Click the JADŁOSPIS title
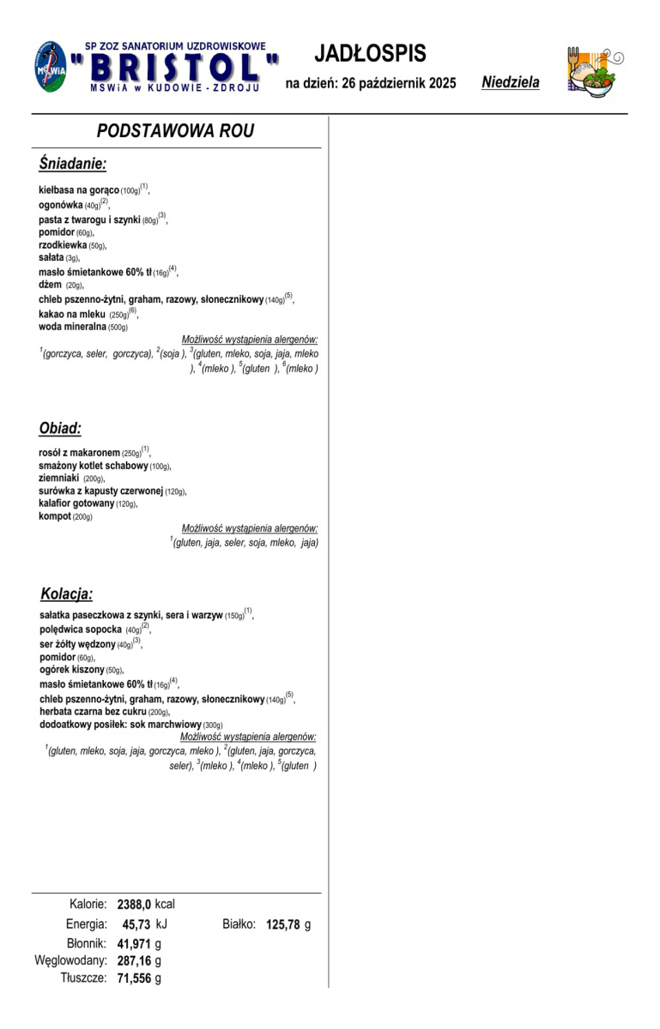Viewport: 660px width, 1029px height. [x=370, y=53]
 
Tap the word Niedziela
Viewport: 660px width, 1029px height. [x=511, y=83]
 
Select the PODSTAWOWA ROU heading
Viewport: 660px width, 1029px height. [x=175, y=130]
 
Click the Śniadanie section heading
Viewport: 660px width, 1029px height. [x=72, y=163]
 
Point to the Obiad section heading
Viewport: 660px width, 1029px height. [x=60, y=428]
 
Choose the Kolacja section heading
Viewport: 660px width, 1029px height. [x=67, y=593]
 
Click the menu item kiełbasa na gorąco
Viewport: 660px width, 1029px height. [x=79, y=190]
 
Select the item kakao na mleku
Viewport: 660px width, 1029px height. [x=72, y=315]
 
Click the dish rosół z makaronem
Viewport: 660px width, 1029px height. [x=79, y=453]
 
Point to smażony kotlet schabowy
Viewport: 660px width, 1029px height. [x=94, y=466]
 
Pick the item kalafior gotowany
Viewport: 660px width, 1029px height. [x=76, y=504]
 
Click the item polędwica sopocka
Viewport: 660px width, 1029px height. [x=81, y=629]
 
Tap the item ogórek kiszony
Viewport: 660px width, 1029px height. [x=72, y=670]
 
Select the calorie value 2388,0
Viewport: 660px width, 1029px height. [x=134, y=904]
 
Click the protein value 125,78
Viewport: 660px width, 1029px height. [x=284, y=924]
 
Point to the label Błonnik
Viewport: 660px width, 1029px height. [x=87, y=943]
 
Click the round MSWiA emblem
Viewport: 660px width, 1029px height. [x=51, y=66]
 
